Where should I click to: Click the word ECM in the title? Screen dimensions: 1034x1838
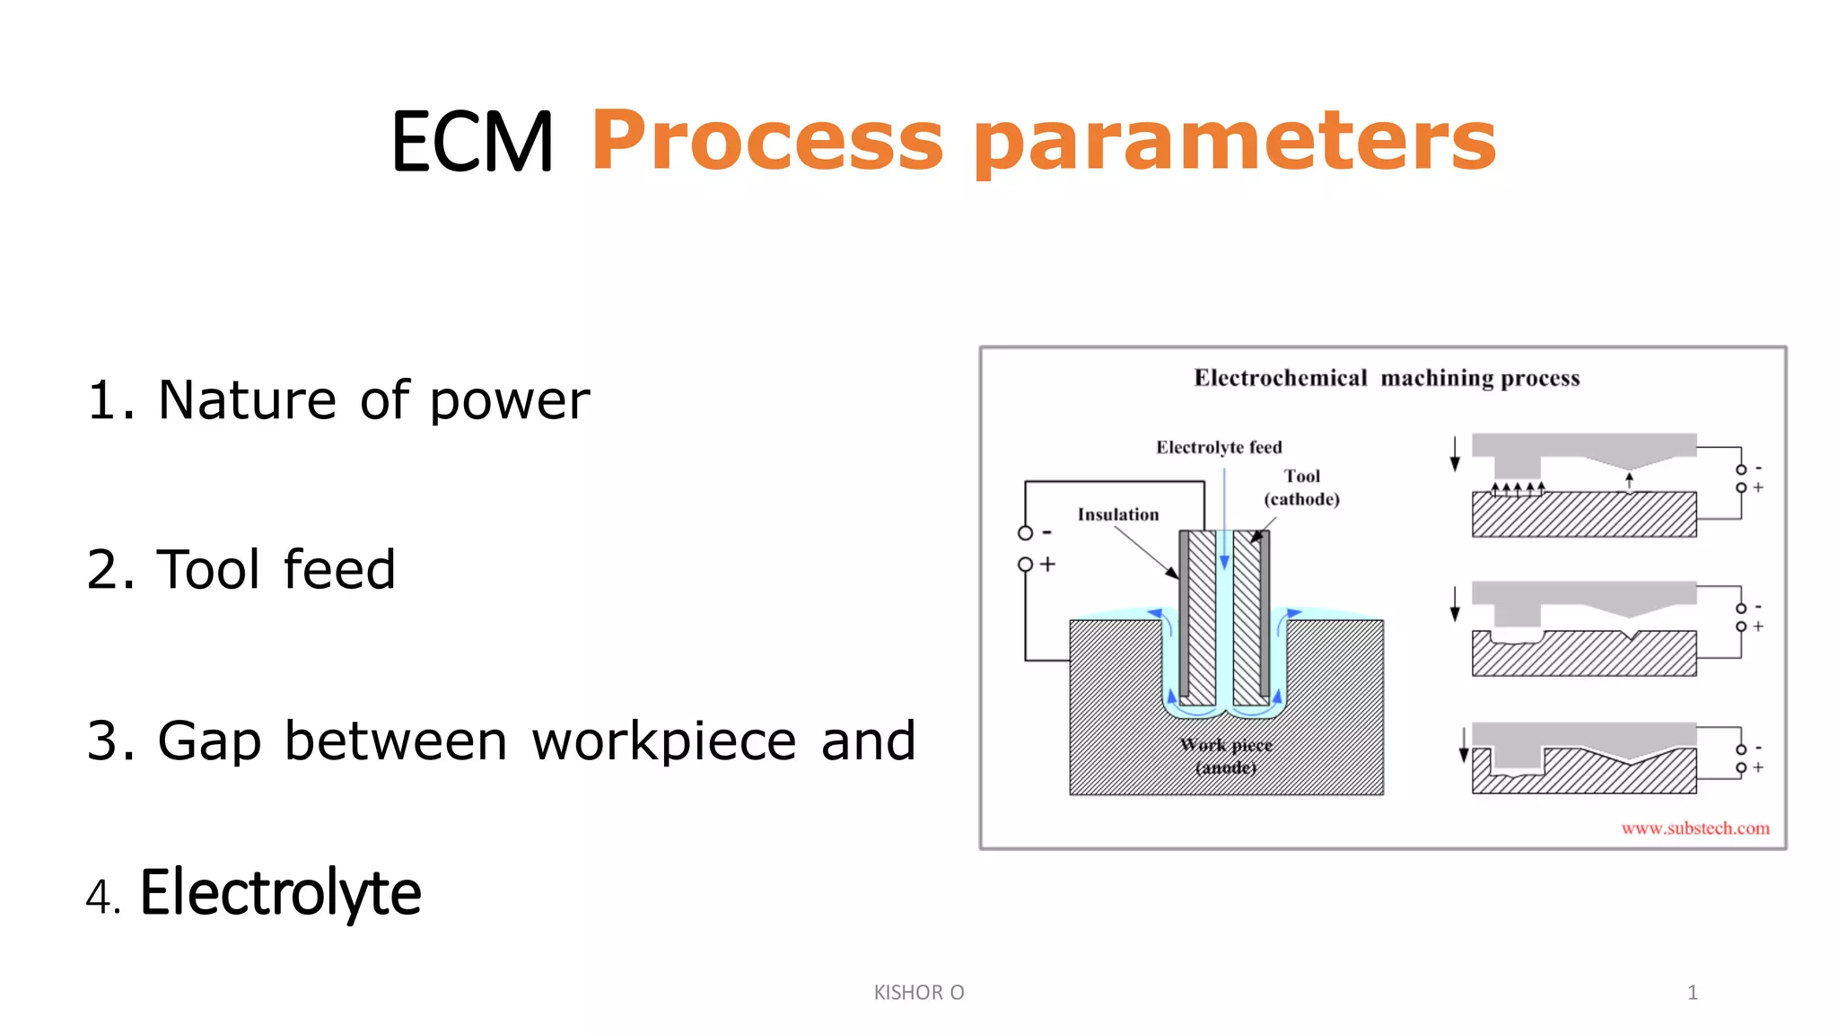point(472,142)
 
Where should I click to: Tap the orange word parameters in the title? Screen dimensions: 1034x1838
point(1235,142)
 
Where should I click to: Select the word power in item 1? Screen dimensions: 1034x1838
point(510,401)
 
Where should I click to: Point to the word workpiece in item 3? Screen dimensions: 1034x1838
point(664,741)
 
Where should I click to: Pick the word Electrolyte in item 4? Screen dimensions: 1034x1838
point(280,892)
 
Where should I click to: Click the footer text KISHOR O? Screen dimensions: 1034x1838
point(918,992)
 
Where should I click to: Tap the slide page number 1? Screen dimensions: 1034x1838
point(1692,992)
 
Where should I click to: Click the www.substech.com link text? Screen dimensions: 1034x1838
point(1694,828)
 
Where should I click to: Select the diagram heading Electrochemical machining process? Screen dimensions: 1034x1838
point(1386,378)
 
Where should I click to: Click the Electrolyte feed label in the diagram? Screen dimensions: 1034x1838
point(1218,447)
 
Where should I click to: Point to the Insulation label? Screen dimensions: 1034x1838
point(1117,514)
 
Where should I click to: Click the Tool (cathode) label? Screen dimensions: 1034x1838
point(1301,487)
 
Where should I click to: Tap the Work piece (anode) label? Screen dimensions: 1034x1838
point(1226,756)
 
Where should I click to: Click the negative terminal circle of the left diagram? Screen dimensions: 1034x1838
point(1025,533)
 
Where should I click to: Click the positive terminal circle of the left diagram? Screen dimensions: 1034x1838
point(1025,565)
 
